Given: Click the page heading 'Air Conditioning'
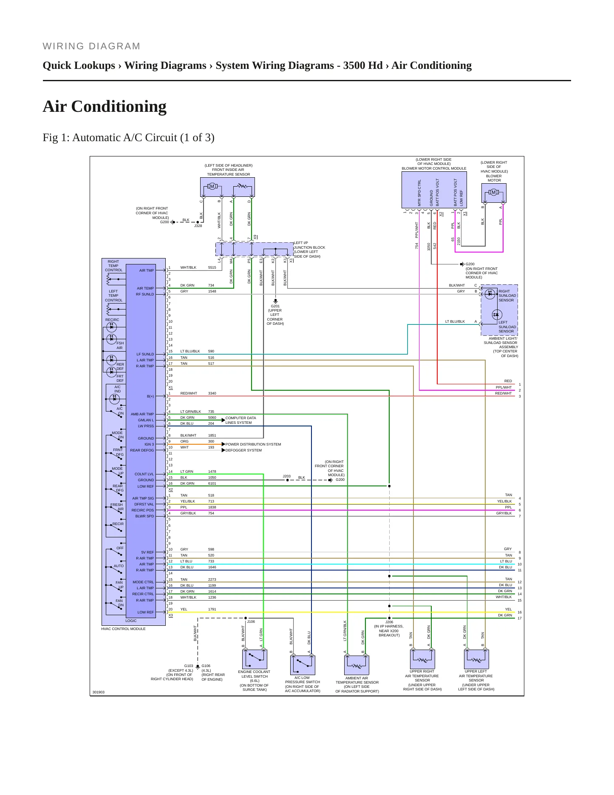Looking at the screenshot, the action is [105, 106].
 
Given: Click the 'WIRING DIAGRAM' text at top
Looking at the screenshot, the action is [91, 46].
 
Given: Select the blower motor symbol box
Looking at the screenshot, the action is [494, 193].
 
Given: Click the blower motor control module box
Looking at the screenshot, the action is [434, 189].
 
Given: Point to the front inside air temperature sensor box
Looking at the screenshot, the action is [227, 187].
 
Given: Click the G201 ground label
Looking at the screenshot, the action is [275, 306].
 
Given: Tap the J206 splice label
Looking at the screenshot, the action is [389, 622].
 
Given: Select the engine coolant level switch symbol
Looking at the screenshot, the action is [255, 659].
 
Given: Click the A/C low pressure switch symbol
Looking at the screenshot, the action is [303, 665].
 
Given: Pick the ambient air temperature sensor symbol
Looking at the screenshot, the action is [357, 665].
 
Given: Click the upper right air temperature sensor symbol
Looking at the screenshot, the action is [422, 659].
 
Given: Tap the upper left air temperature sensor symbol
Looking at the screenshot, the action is [476, 659].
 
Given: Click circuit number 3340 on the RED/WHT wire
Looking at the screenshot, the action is [212, 393].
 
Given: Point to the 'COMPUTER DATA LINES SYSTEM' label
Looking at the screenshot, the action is [241, 420].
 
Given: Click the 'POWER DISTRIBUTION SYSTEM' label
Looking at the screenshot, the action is [253, 444].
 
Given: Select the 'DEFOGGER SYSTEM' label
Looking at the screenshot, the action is [243, 450].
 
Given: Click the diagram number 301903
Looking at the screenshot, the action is [98, 692].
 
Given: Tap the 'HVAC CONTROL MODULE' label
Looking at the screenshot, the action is [123, 629].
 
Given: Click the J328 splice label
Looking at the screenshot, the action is [198, 226].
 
